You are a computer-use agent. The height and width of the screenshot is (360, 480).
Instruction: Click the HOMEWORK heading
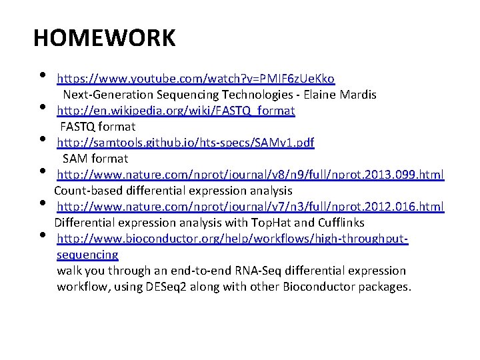(x=105, y=38)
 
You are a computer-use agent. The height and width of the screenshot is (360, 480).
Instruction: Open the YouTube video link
(x=195, y=79)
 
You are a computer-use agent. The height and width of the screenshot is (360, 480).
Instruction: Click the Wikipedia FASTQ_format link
(x=176, y=110)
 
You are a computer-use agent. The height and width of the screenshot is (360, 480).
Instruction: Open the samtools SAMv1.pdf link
(x=185, y=143)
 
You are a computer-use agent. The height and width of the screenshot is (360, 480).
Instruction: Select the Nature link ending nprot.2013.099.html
(x=250, y=175)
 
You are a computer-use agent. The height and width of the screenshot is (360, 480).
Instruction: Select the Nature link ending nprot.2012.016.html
(x=250, y=207)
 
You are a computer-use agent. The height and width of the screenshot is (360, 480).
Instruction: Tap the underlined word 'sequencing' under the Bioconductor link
(x=87, y=255)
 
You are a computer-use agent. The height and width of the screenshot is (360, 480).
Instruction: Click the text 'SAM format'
(x=95, y=159)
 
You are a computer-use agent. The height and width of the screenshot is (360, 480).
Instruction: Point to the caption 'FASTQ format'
(x=98, y=127)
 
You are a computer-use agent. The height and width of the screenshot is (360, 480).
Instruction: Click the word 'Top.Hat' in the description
(x=268, y=223)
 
